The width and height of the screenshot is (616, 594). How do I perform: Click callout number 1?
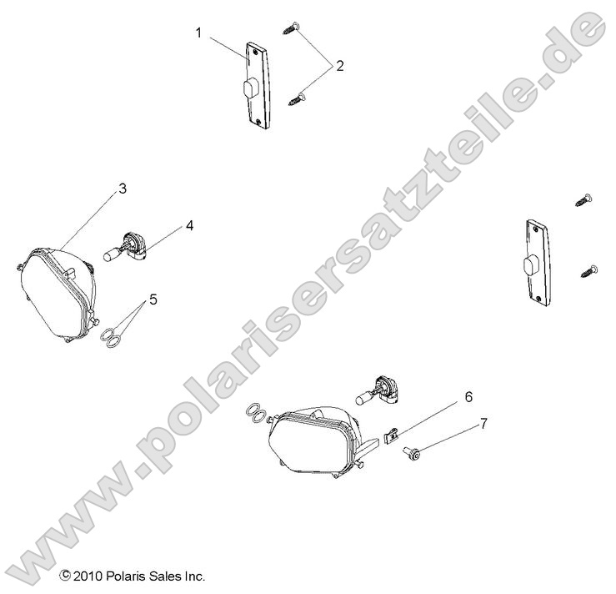198,33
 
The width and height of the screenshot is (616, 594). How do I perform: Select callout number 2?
339,65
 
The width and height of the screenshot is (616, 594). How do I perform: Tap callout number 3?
122,189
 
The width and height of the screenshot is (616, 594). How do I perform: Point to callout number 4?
189,225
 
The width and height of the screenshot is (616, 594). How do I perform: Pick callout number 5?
153,298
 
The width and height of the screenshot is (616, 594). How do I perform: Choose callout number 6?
468,395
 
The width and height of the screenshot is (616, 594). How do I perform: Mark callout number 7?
483,424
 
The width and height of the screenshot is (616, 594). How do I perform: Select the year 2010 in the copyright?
87,576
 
